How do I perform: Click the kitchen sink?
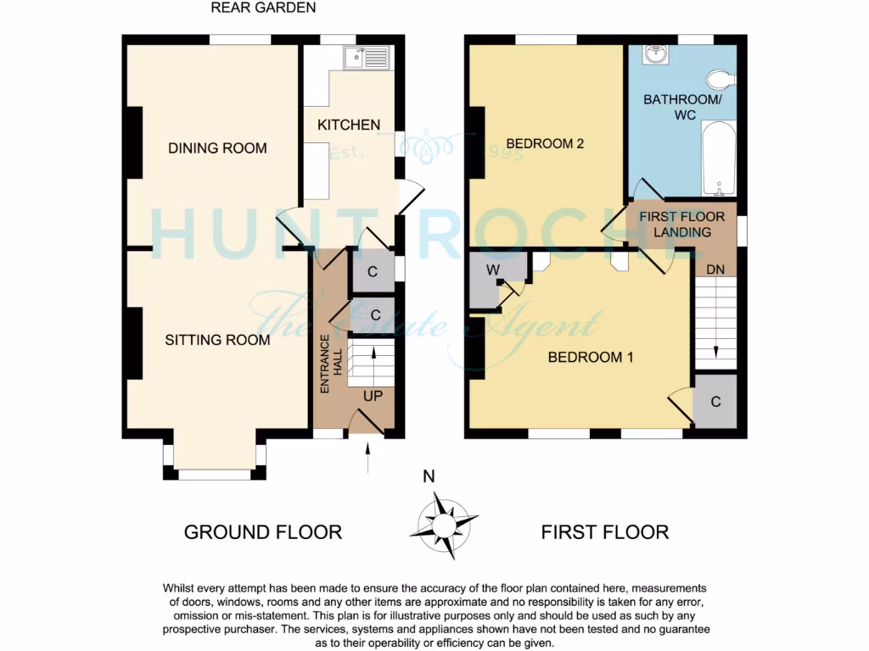coord(367,57)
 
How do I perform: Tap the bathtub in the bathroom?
coord(719,158)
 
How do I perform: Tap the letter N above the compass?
coord(429,476)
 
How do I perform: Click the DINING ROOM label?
coord(217,148)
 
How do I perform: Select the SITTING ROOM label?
coord(217,340)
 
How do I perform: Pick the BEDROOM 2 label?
coord(545,143)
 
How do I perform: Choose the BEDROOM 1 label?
coord(591,357)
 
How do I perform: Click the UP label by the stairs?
coord(373,396)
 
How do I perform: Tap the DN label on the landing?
coord(715,270)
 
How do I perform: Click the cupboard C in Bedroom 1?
coord(715,402)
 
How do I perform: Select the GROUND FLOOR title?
coord(263,532)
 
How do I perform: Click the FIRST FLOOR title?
coord(605,532)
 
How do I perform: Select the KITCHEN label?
coord(349,125)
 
